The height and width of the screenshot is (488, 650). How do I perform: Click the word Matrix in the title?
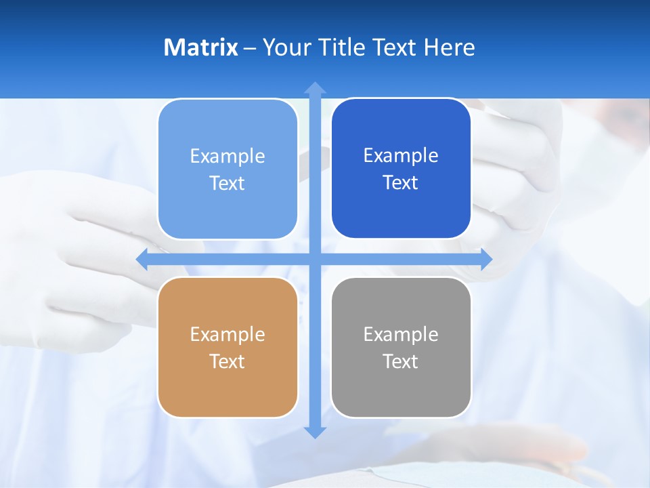coord(200,47)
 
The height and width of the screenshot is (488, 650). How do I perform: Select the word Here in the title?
coord(449,47)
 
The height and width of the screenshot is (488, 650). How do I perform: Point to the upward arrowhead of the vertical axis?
coord(315,87)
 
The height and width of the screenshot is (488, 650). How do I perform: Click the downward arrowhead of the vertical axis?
coord(315,432)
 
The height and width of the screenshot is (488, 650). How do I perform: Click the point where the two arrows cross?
coord(315,259)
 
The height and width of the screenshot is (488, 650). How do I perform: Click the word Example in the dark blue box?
coord(401,156)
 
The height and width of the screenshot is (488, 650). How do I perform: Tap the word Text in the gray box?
coord(401,362)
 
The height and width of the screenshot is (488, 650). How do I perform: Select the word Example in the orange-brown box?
coord(227,335)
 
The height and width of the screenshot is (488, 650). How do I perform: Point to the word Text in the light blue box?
coord(227,184)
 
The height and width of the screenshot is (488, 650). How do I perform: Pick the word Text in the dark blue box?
coord(401,183)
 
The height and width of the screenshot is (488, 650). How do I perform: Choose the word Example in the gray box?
coord(401,335)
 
